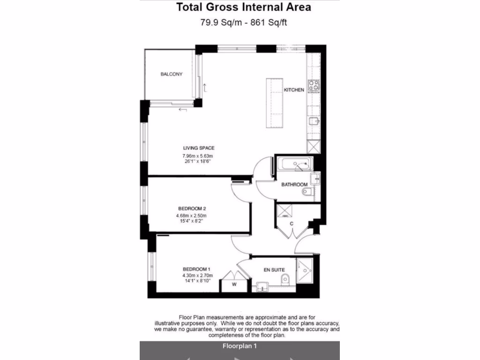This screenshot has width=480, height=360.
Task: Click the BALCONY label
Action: click(171, 75)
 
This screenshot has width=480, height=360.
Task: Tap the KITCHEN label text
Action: click(294, 90)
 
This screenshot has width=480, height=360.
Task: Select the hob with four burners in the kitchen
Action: click(314, 85)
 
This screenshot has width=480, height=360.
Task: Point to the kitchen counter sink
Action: click(314, 122)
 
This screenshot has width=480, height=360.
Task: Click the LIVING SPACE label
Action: click(199, 149)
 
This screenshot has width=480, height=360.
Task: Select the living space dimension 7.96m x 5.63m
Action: click(198, 156)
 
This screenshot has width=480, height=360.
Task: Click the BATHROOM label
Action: click(294, 185)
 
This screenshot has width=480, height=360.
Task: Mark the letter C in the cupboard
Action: click(292, 224)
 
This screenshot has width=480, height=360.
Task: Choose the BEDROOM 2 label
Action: click(192, 209)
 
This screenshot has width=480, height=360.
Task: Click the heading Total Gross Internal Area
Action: click(243, 7)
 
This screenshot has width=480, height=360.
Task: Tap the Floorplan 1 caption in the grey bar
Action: click(239, 347)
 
